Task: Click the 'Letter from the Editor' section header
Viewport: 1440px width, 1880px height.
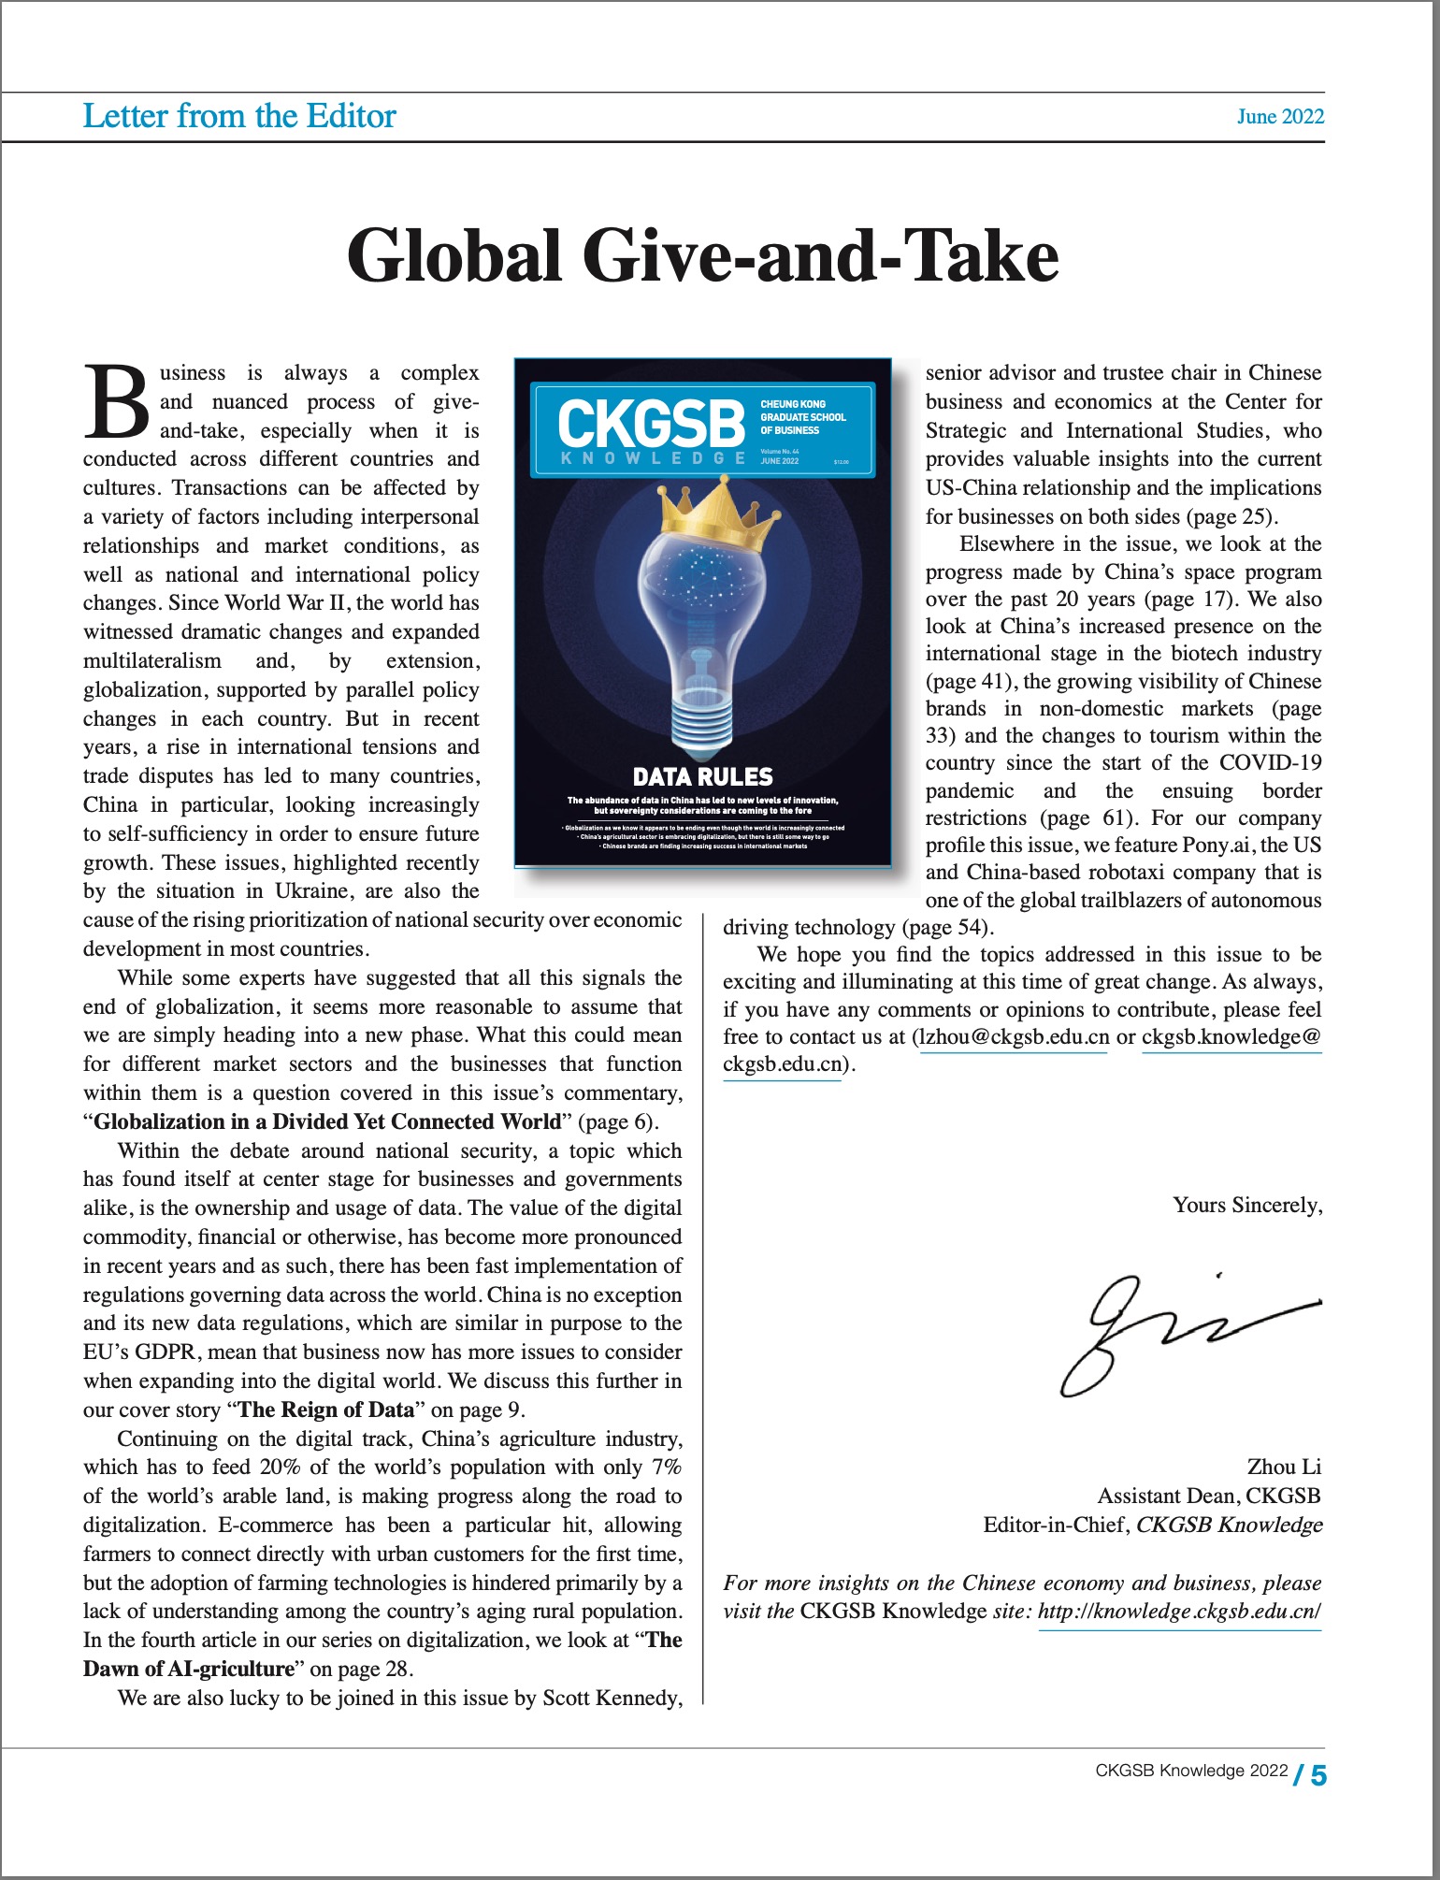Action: [x=239, y=116]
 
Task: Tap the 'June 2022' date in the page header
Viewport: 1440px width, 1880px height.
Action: [x=1280, y=117]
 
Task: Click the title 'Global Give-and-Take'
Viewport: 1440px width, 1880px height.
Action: [x=702, y=255]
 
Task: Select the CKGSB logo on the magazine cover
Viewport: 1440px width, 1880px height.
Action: [x=652, y=424]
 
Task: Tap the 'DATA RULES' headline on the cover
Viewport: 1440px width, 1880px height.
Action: [x=703, y=777]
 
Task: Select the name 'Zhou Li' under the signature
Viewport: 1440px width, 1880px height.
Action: [x=1283, y=1467]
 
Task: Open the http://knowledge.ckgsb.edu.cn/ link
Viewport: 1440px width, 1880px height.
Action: [x=1179, y=1612]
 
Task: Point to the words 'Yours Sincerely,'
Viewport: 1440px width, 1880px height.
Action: [x=1247, y=1205]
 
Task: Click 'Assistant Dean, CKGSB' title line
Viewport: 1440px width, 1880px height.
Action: [x=1208, y=1496]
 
